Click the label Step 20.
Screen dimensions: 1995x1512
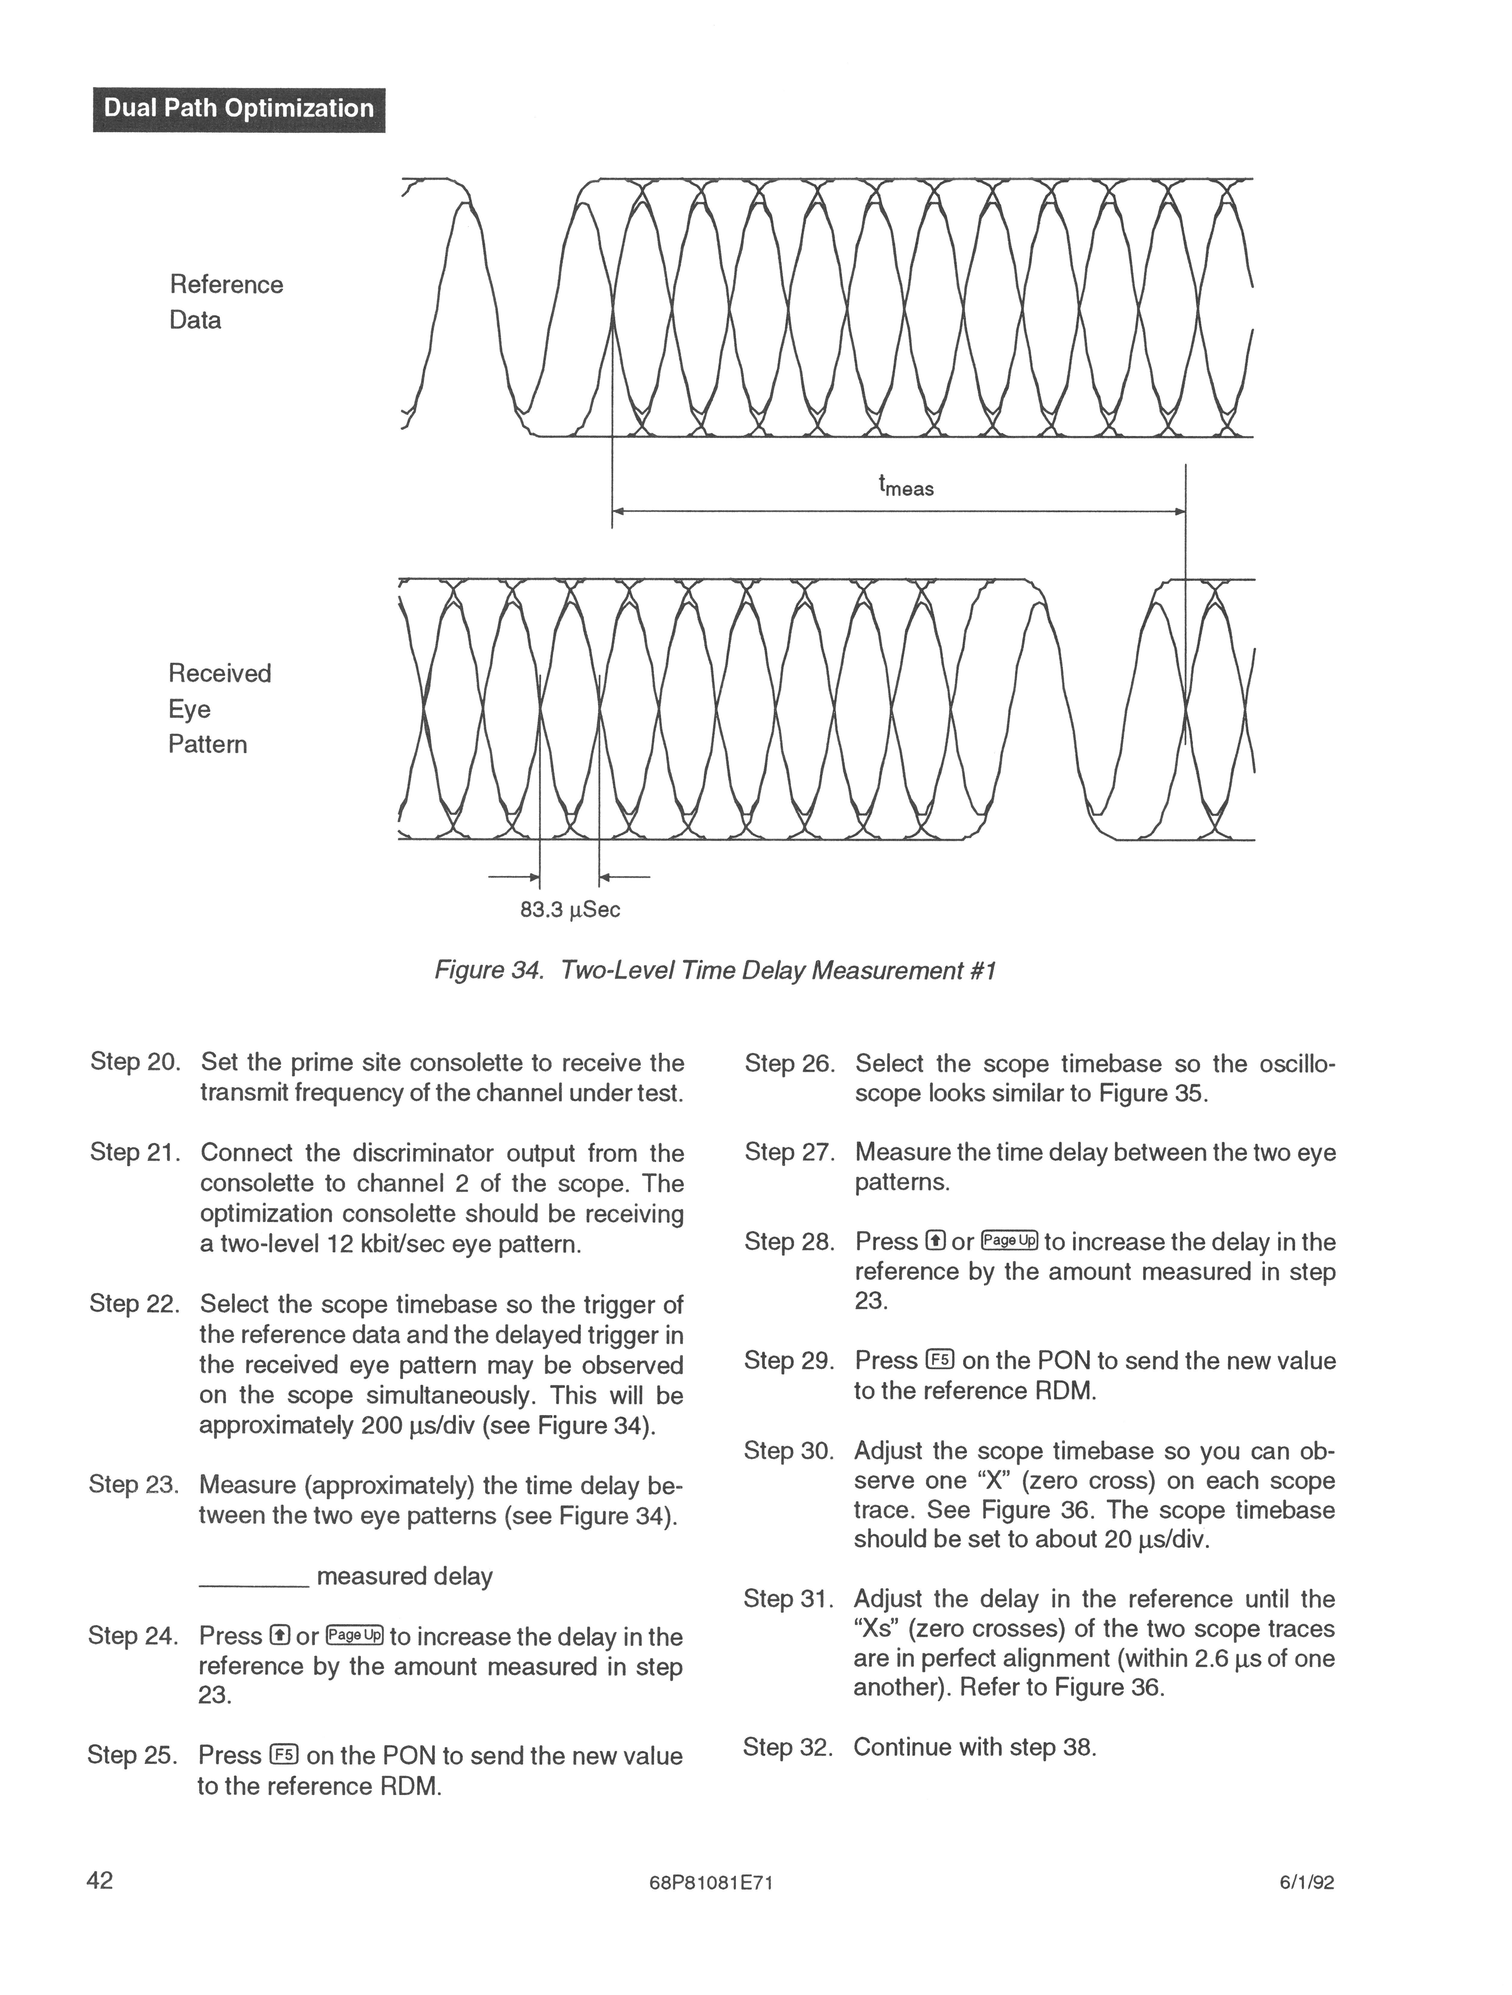point(134,1062)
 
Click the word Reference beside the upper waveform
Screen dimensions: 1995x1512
point(226,285)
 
